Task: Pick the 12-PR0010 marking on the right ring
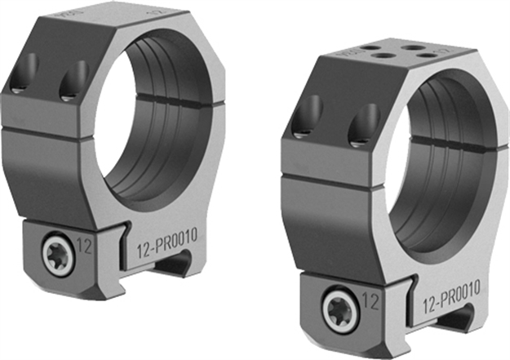click(x=451, y=288)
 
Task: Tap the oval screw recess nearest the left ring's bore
click(x=73, y=78)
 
